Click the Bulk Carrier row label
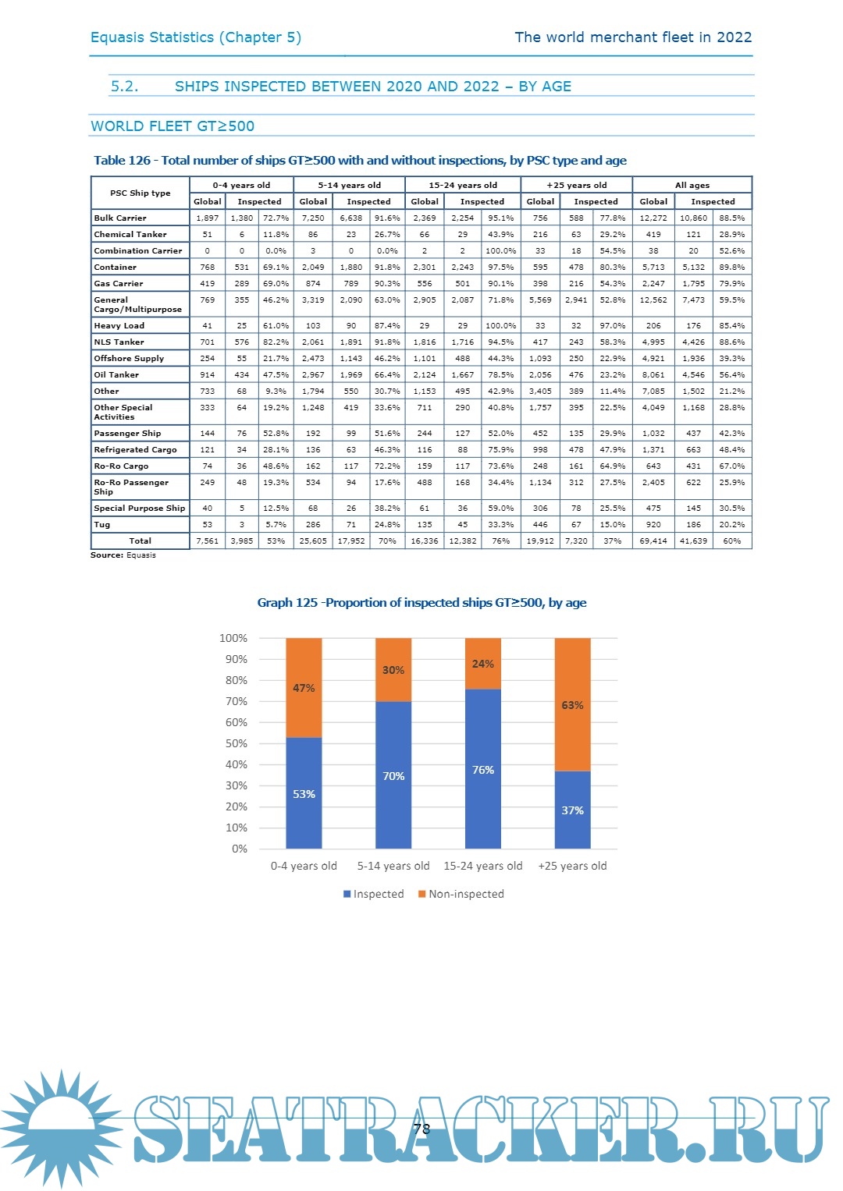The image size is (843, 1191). click(x=120, y=218)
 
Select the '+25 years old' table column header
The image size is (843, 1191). click(x=576, y=186)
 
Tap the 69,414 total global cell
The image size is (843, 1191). click(x=653, y=541)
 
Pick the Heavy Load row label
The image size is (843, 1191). click(x=119, y=326)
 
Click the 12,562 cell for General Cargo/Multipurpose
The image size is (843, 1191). click(x=653, y=300)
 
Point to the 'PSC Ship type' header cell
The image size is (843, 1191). click(x=140, y=193)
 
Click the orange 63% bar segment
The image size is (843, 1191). click(x=572, y=704)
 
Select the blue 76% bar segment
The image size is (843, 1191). click(x=482, y=769)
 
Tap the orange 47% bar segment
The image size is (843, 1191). click(x=304, y=687)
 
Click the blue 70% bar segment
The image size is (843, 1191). click(x=393, y=775)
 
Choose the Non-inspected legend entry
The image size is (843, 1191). click(x=461, y=894)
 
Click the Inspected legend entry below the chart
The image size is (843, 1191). click(x=374, y=894)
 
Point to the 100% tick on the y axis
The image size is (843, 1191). click(x=233, y=638)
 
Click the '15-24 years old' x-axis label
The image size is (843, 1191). click(x=482, y=866)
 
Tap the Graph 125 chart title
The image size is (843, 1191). click(x=421, y=603)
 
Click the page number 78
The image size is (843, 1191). click(x=421, y=1129)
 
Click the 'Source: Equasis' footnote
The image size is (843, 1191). click(x=123, y=555)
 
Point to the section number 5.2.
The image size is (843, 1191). click(x=124, y=87)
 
